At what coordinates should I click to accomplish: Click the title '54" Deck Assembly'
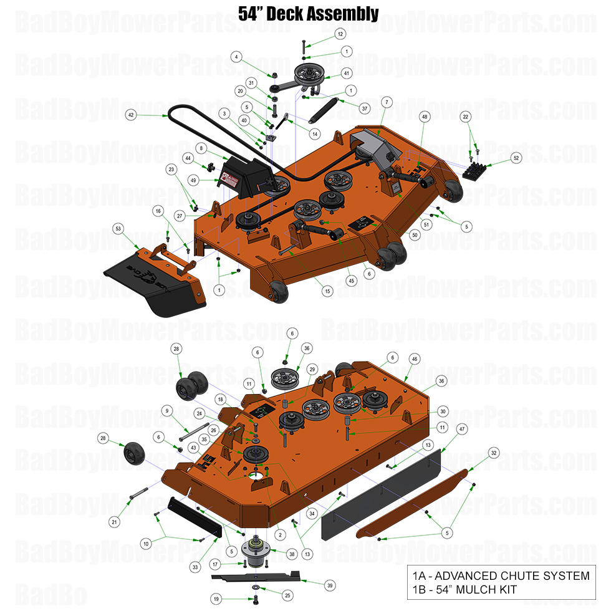tap(308, 13)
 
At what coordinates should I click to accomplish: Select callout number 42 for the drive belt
tap(130, 115)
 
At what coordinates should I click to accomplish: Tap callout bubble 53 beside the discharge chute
tap(118, 229)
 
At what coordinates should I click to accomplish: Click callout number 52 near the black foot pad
tap(516, 158)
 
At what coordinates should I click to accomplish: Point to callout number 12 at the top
tap(340, 33)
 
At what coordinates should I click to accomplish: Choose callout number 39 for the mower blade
tap(330, 584)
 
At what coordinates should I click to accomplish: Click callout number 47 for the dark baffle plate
tap(462, 430)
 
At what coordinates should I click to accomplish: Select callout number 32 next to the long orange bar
tap(494, 453)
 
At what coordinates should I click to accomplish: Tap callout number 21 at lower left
tap(113, 521)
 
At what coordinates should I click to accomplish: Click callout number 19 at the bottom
tap(216, 599)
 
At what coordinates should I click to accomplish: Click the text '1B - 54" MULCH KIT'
tap(464, 589)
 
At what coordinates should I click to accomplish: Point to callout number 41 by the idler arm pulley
tap(346, 73)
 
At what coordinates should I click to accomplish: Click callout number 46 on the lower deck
tap(414, 359)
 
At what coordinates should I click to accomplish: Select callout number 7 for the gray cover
tap(387, 101)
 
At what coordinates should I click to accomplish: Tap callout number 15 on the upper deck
tap(327, 291)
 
